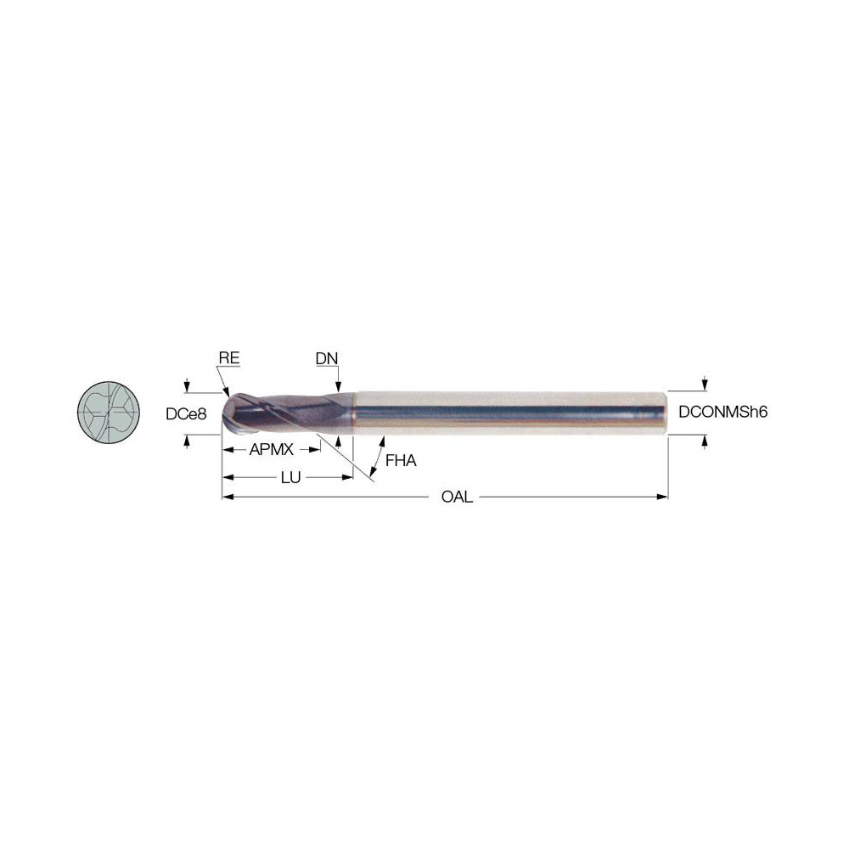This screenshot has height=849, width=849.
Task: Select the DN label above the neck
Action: tap(327, 358)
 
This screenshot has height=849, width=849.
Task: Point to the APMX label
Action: tap(271, 450)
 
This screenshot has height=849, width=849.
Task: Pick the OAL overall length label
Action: tap(457, 498)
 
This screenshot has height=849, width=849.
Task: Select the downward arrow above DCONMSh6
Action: tap(704, 384)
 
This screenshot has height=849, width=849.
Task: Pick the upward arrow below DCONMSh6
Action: tap(704, 441)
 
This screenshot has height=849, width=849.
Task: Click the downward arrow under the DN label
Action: tap(338, 385)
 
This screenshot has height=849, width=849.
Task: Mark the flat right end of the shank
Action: tap(666, 413)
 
